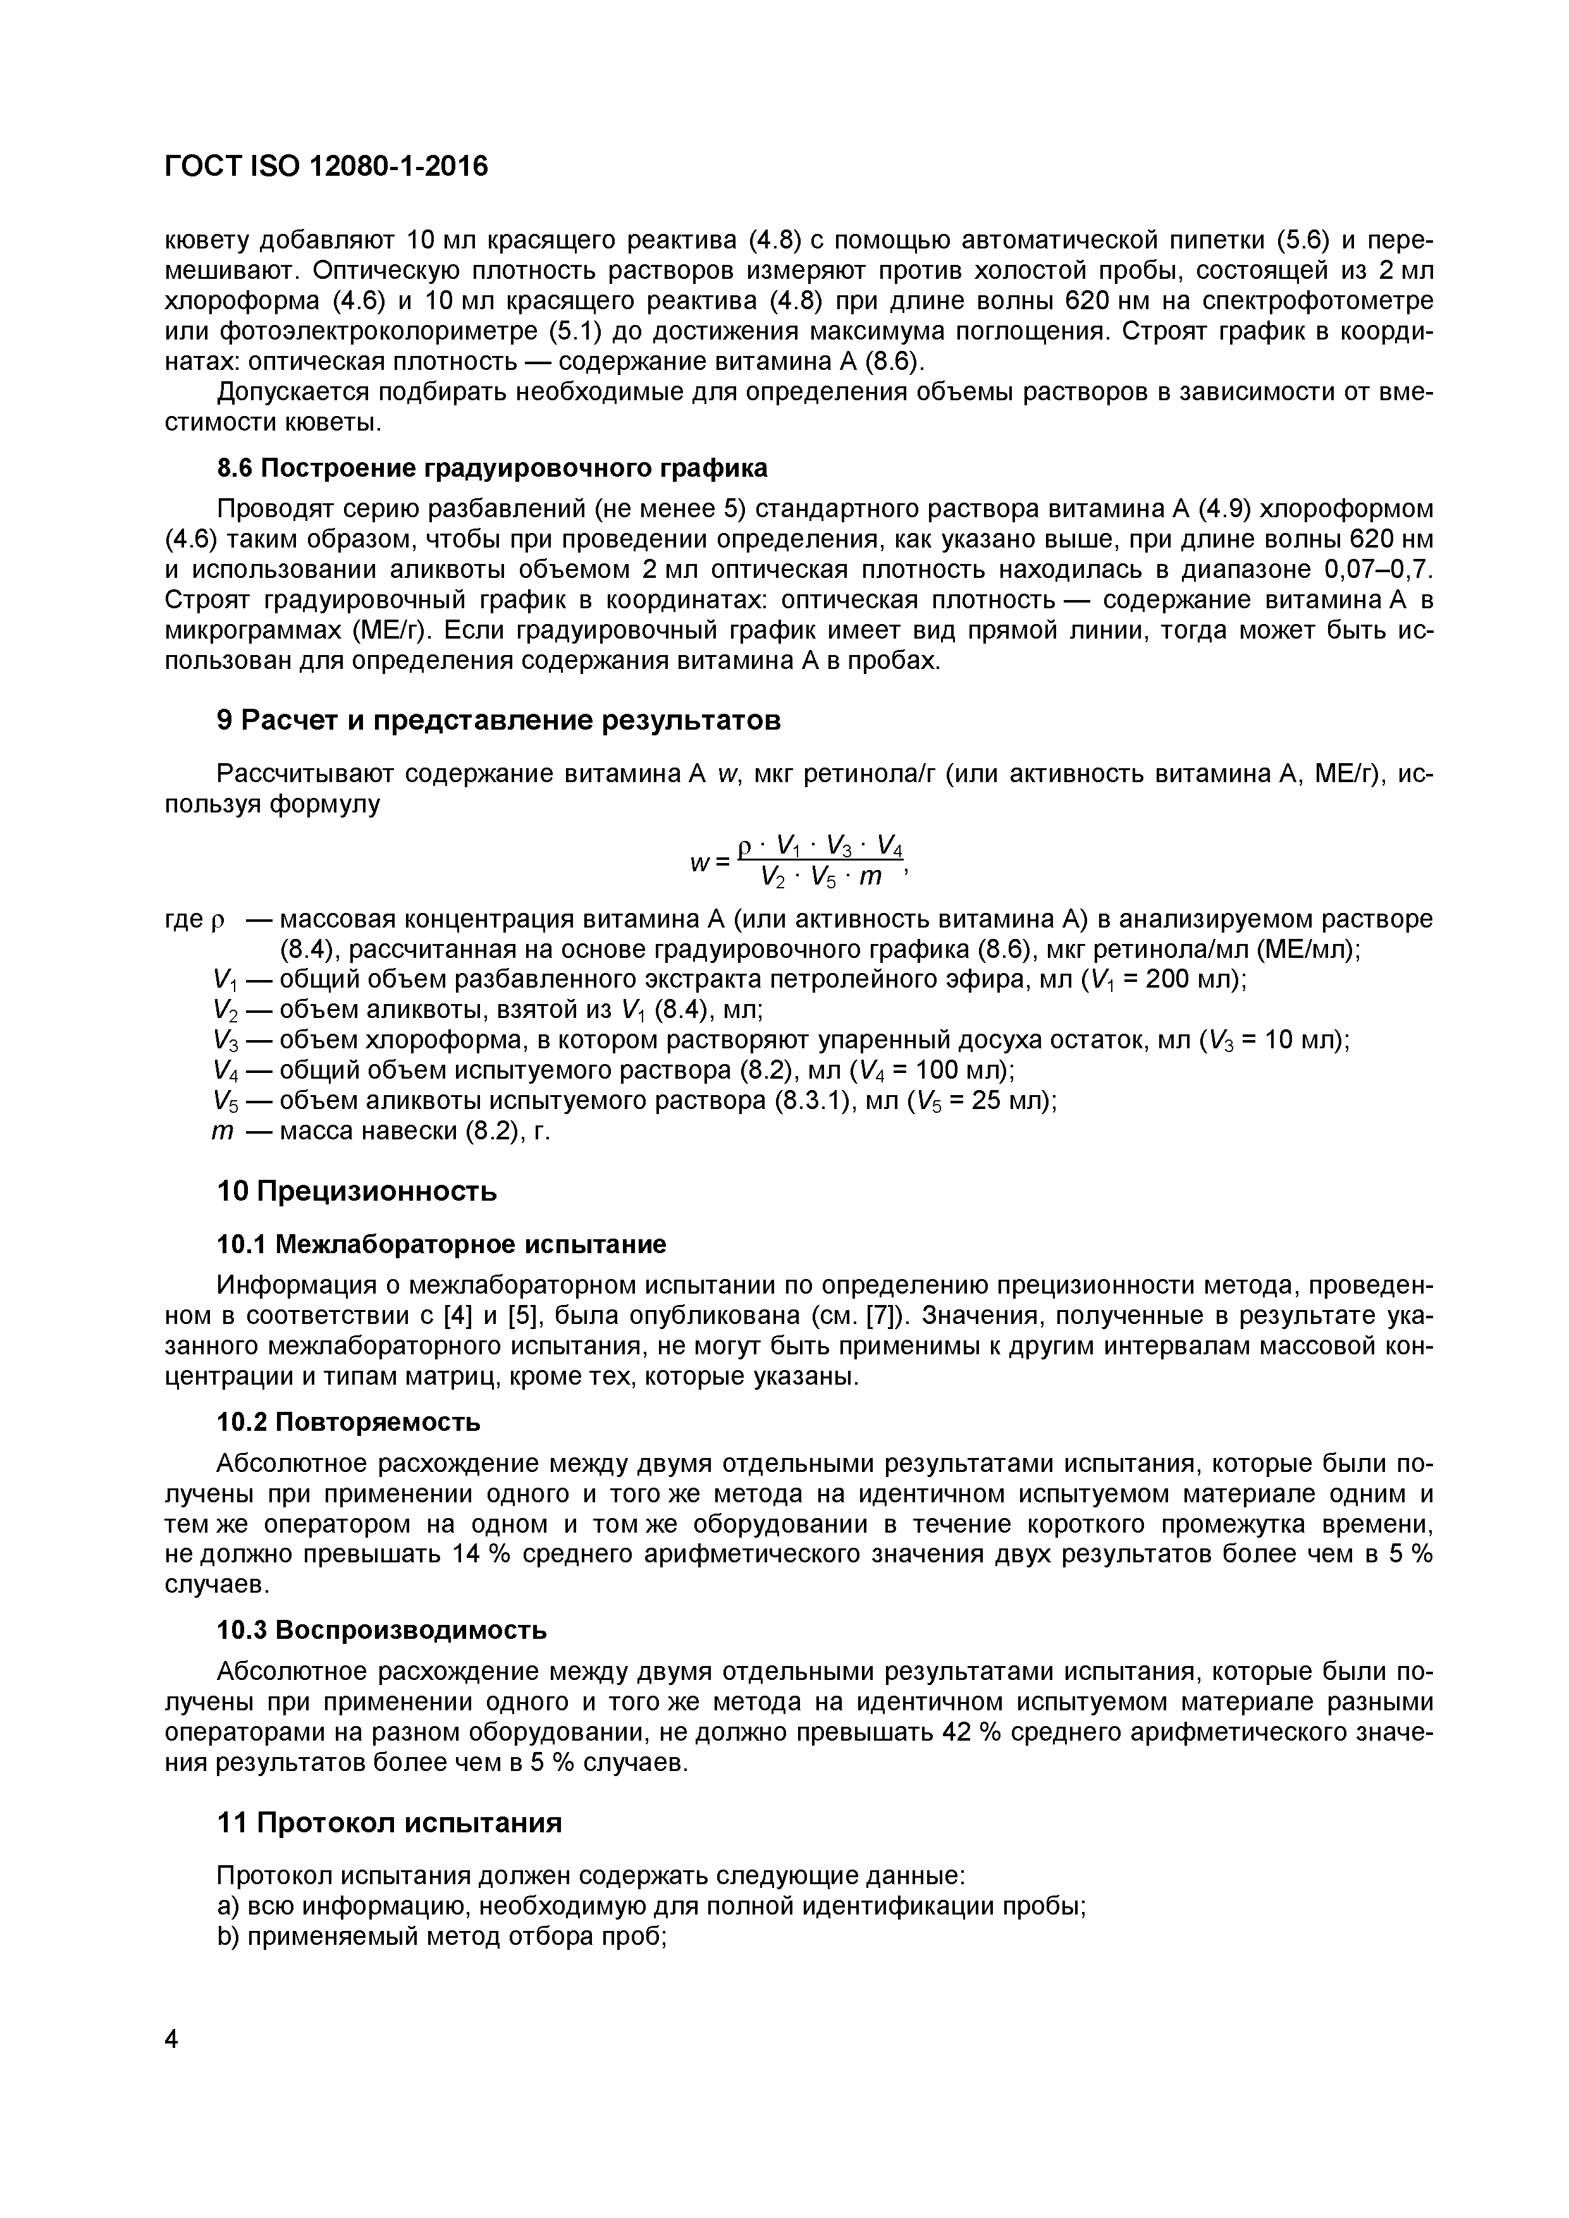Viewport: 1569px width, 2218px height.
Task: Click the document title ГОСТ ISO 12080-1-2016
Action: click(x=326, y=167)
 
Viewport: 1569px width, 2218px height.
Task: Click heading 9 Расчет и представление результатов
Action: click(x=498, y=721)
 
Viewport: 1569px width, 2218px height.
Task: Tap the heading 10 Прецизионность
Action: click(x=357, y=1191)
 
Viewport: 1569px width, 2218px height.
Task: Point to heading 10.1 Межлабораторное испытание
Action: click(x=441, y=1244)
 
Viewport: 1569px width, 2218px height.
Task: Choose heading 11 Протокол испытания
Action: click(x=390, y=1823)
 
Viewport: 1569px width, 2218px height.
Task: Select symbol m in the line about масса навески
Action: click(x=222, y=1131)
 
